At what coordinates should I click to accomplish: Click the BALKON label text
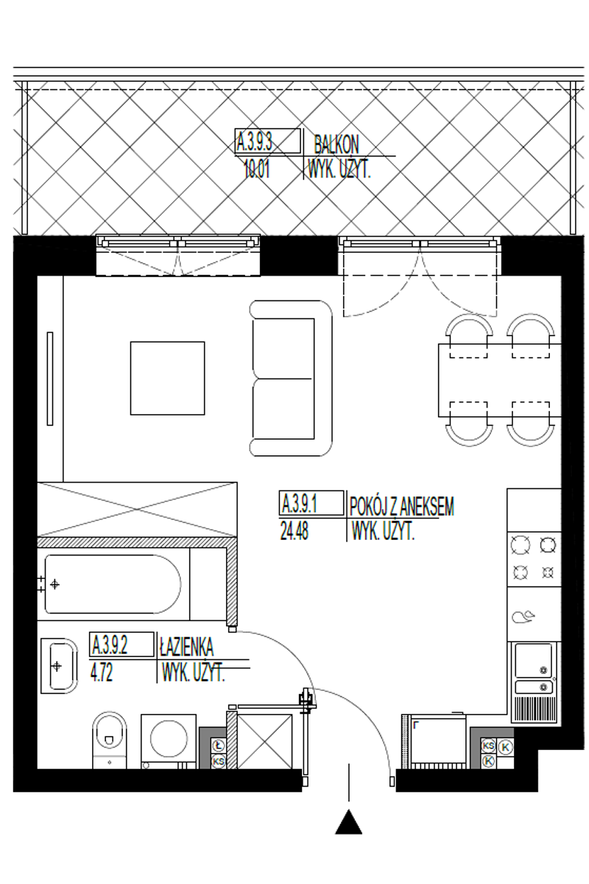tap(336, 145)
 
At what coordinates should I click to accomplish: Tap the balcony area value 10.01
tap(256, 170)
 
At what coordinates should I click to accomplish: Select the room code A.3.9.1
tap(300, 504)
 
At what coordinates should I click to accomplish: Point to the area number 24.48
tap(294, 531)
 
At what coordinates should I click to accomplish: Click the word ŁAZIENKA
tap(186, 647)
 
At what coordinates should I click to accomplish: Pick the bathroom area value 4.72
tap(102, 673)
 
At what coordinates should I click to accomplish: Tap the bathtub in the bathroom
tap(113, 584)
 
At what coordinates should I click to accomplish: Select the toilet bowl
tap(110, 740)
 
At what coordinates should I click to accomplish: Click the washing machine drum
tap(169, 738)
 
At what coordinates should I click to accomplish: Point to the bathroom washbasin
tap(59, 666)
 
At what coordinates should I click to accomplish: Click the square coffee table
tap(167, 378)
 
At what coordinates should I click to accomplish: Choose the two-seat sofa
tap(291, 378)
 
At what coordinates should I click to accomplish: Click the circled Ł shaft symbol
tap(218, 746)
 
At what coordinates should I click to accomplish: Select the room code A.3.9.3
tap(255, 141)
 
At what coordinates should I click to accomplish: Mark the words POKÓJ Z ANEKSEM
tap(401, 506)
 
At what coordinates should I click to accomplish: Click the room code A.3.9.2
tap(110, 646)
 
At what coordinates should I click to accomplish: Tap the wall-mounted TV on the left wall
tap(50, 379)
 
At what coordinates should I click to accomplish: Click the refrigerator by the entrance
tap(437, 741)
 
